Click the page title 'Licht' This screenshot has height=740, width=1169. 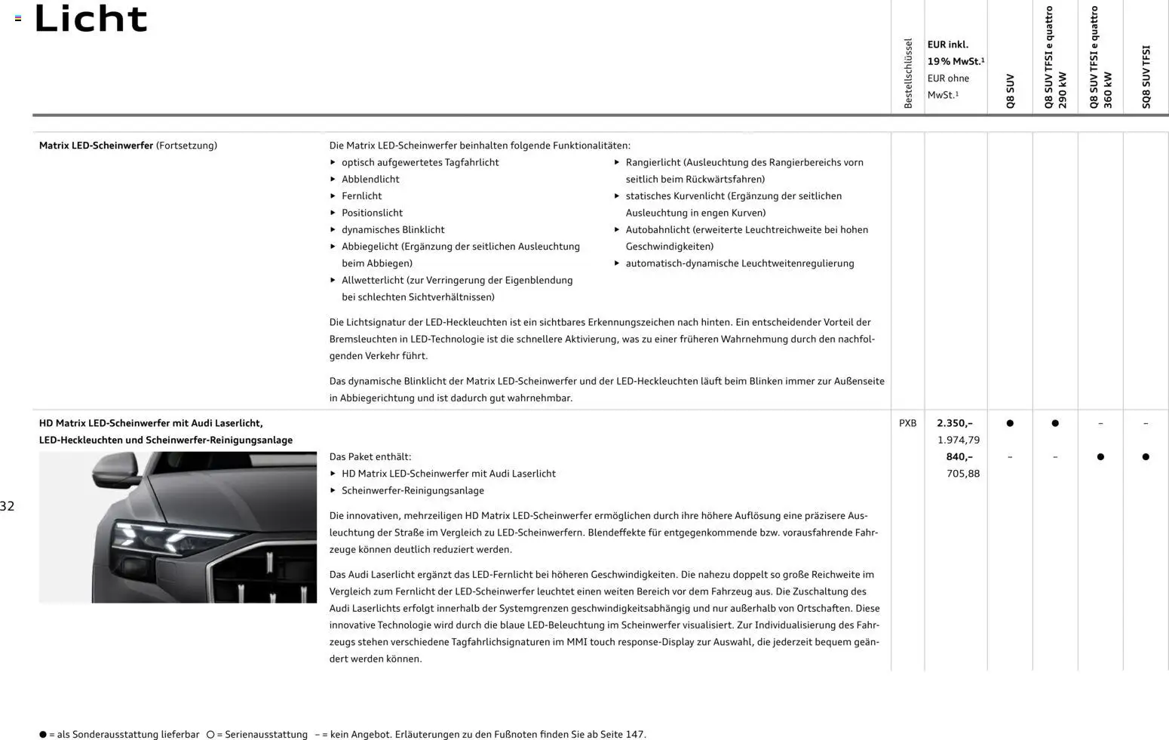(x=91, y=19)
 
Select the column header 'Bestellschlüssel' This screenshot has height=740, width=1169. (x=908, y=73)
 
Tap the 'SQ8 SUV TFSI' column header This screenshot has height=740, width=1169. (x=1146, y=76)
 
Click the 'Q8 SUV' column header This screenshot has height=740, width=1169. (x=1010, y=91)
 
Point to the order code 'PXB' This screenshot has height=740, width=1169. (x=907, y=423)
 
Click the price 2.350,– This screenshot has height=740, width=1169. (x=954, y=423)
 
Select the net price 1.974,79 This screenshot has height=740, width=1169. (x=958, y=440)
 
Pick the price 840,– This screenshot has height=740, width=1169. (x=959, y=456)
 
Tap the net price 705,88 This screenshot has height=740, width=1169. (x=962, y=474)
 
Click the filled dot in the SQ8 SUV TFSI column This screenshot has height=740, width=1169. (x=1145, y=456)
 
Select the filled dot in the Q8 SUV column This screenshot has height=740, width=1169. (x=1010, y=423)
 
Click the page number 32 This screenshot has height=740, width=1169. (x=8, y=506)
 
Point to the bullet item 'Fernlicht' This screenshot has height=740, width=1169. (x=361, y=196)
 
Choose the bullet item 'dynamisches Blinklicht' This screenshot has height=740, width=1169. (x=392, y=229)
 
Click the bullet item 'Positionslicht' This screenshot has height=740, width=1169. (x=372, y=213)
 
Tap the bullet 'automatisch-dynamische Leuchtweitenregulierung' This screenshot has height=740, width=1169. (x=739, y=263)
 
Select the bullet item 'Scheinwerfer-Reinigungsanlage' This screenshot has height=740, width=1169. (x=413, y=490)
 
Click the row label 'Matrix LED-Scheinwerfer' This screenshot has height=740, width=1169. (x=96, y=146)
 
